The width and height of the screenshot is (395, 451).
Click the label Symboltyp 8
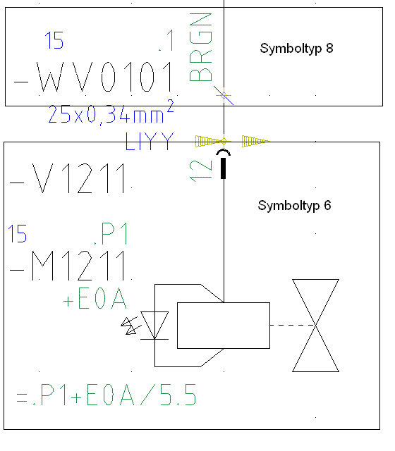(x=296, y=49)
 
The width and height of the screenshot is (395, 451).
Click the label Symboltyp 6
(x=294, y=206)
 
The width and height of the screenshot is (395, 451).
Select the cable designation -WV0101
(x=93, y=77)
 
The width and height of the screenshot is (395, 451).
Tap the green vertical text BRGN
(x=200, y=47)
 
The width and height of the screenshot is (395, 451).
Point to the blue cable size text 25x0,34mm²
(x=111, y=112)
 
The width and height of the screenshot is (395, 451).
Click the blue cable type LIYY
(x=150, y=141)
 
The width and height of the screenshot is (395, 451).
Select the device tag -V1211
(x=68, y=178)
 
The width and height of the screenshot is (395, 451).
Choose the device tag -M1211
(x=68, y=266)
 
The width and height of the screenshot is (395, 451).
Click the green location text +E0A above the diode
(x=95, y=299)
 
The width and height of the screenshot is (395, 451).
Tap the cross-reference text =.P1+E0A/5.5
(x=107, y=395)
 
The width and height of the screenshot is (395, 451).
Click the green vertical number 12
(x=200, y=171)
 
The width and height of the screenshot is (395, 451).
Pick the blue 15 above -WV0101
(x=54, y=40)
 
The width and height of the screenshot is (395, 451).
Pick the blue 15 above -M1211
(x=17, y=233)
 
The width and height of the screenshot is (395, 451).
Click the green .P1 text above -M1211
(x=111, y=233)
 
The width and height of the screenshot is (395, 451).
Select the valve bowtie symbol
(x=315, y=326)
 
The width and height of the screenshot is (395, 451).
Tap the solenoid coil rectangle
(x=224, y=326)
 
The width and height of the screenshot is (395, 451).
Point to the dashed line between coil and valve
(x=293, y=326)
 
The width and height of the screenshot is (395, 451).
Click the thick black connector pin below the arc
(x=223, y=168)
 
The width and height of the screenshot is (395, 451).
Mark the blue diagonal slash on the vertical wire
(x=224, y=95)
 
